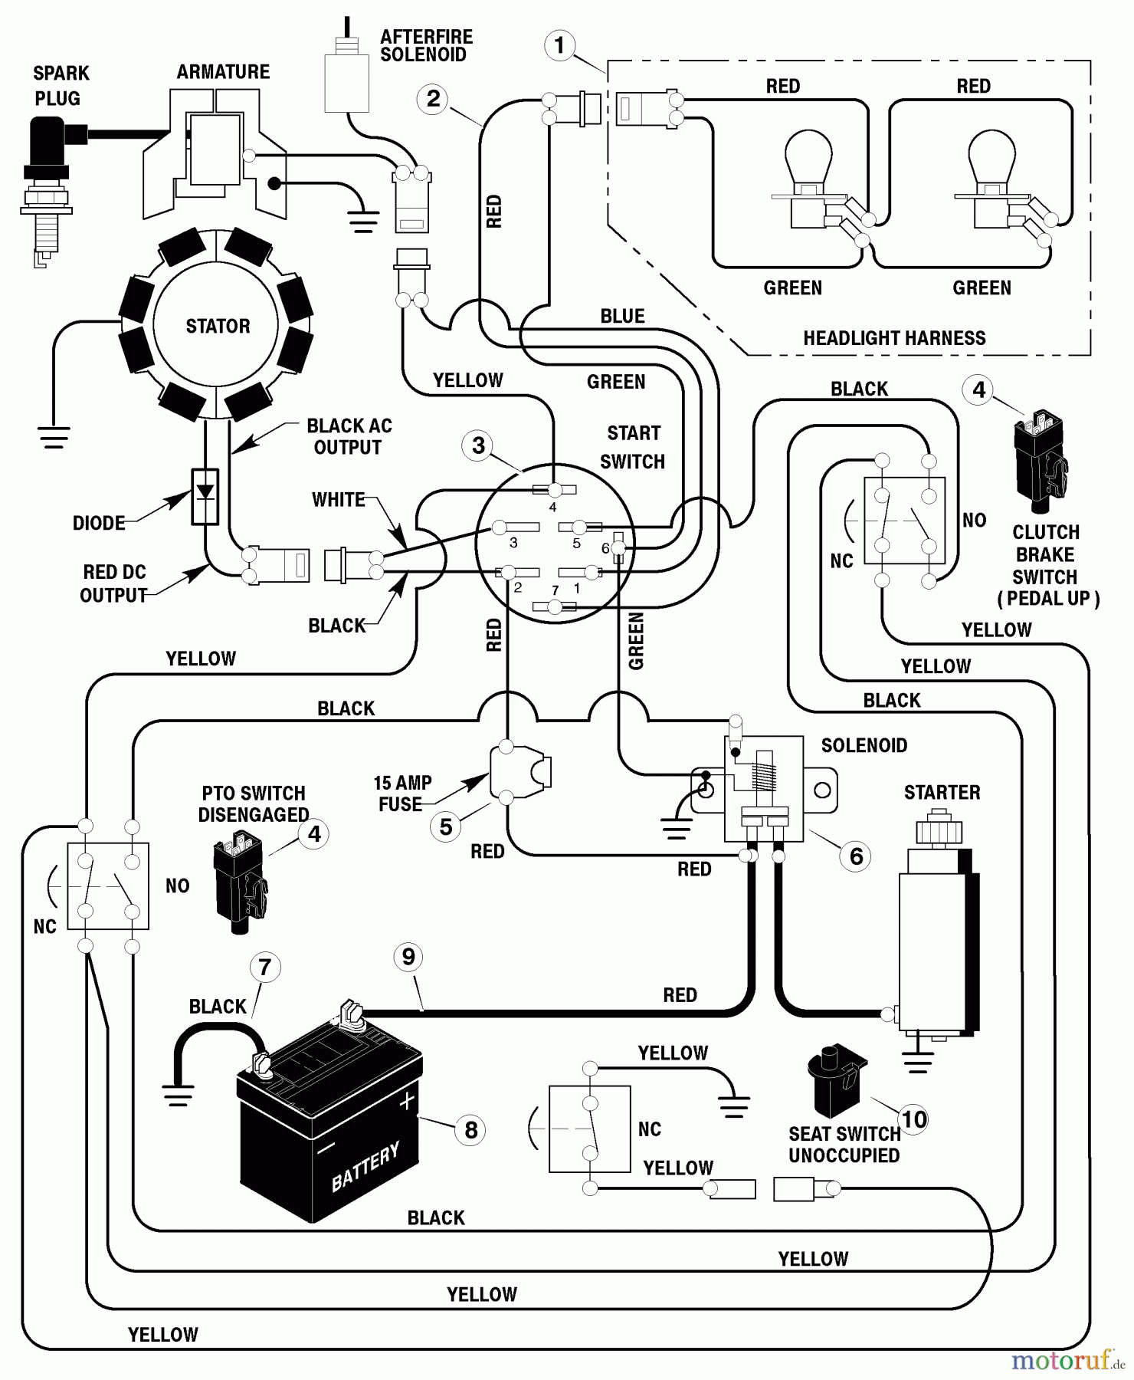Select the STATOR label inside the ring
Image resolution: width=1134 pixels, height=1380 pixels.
pyautogui.click(x=218, y=326)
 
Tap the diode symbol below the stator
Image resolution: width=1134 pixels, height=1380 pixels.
pyautogui.click(x=205, y=495)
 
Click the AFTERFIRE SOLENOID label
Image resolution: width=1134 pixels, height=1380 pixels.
pyautogui.click(x=426, y=46)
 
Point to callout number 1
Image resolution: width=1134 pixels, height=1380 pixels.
pyautogui.click(x=559, y=45)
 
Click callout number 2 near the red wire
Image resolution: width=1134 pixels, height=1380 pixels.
pyautogui.click(x=433, y=99)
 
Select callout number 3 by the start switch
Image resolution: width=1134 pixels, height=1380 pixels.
pyautogui.click(x=478, y=445)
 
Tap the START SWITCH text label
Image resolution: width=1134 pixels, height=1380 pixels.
pyautogui.click(x=633, y=447)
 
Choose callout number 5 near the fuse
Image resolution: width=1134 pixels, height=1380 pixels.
pyautogui.click(x=446, y=826)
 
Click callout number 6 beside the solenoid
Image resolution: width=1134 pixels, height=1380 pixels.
pyautogui.click(x=856, y=856)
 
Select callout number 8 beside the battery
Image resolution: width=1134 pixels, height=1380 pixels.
pyautogui.click(x=470, y=1129)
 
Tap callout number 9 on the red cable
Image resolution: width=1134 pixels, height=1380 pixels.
pyautogui.click(x=408, y=956)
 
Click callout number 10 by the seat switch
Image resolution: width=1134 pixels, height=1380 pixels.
pyautogui.click(x=913, y=1120)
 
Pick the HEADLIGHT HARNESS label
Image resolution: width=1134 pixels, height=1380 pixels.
pyautogui.click(x=894, y=338)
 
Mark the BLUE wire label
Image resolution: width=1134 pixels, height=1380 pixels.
pyautogui.click(x=622, y=316)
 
